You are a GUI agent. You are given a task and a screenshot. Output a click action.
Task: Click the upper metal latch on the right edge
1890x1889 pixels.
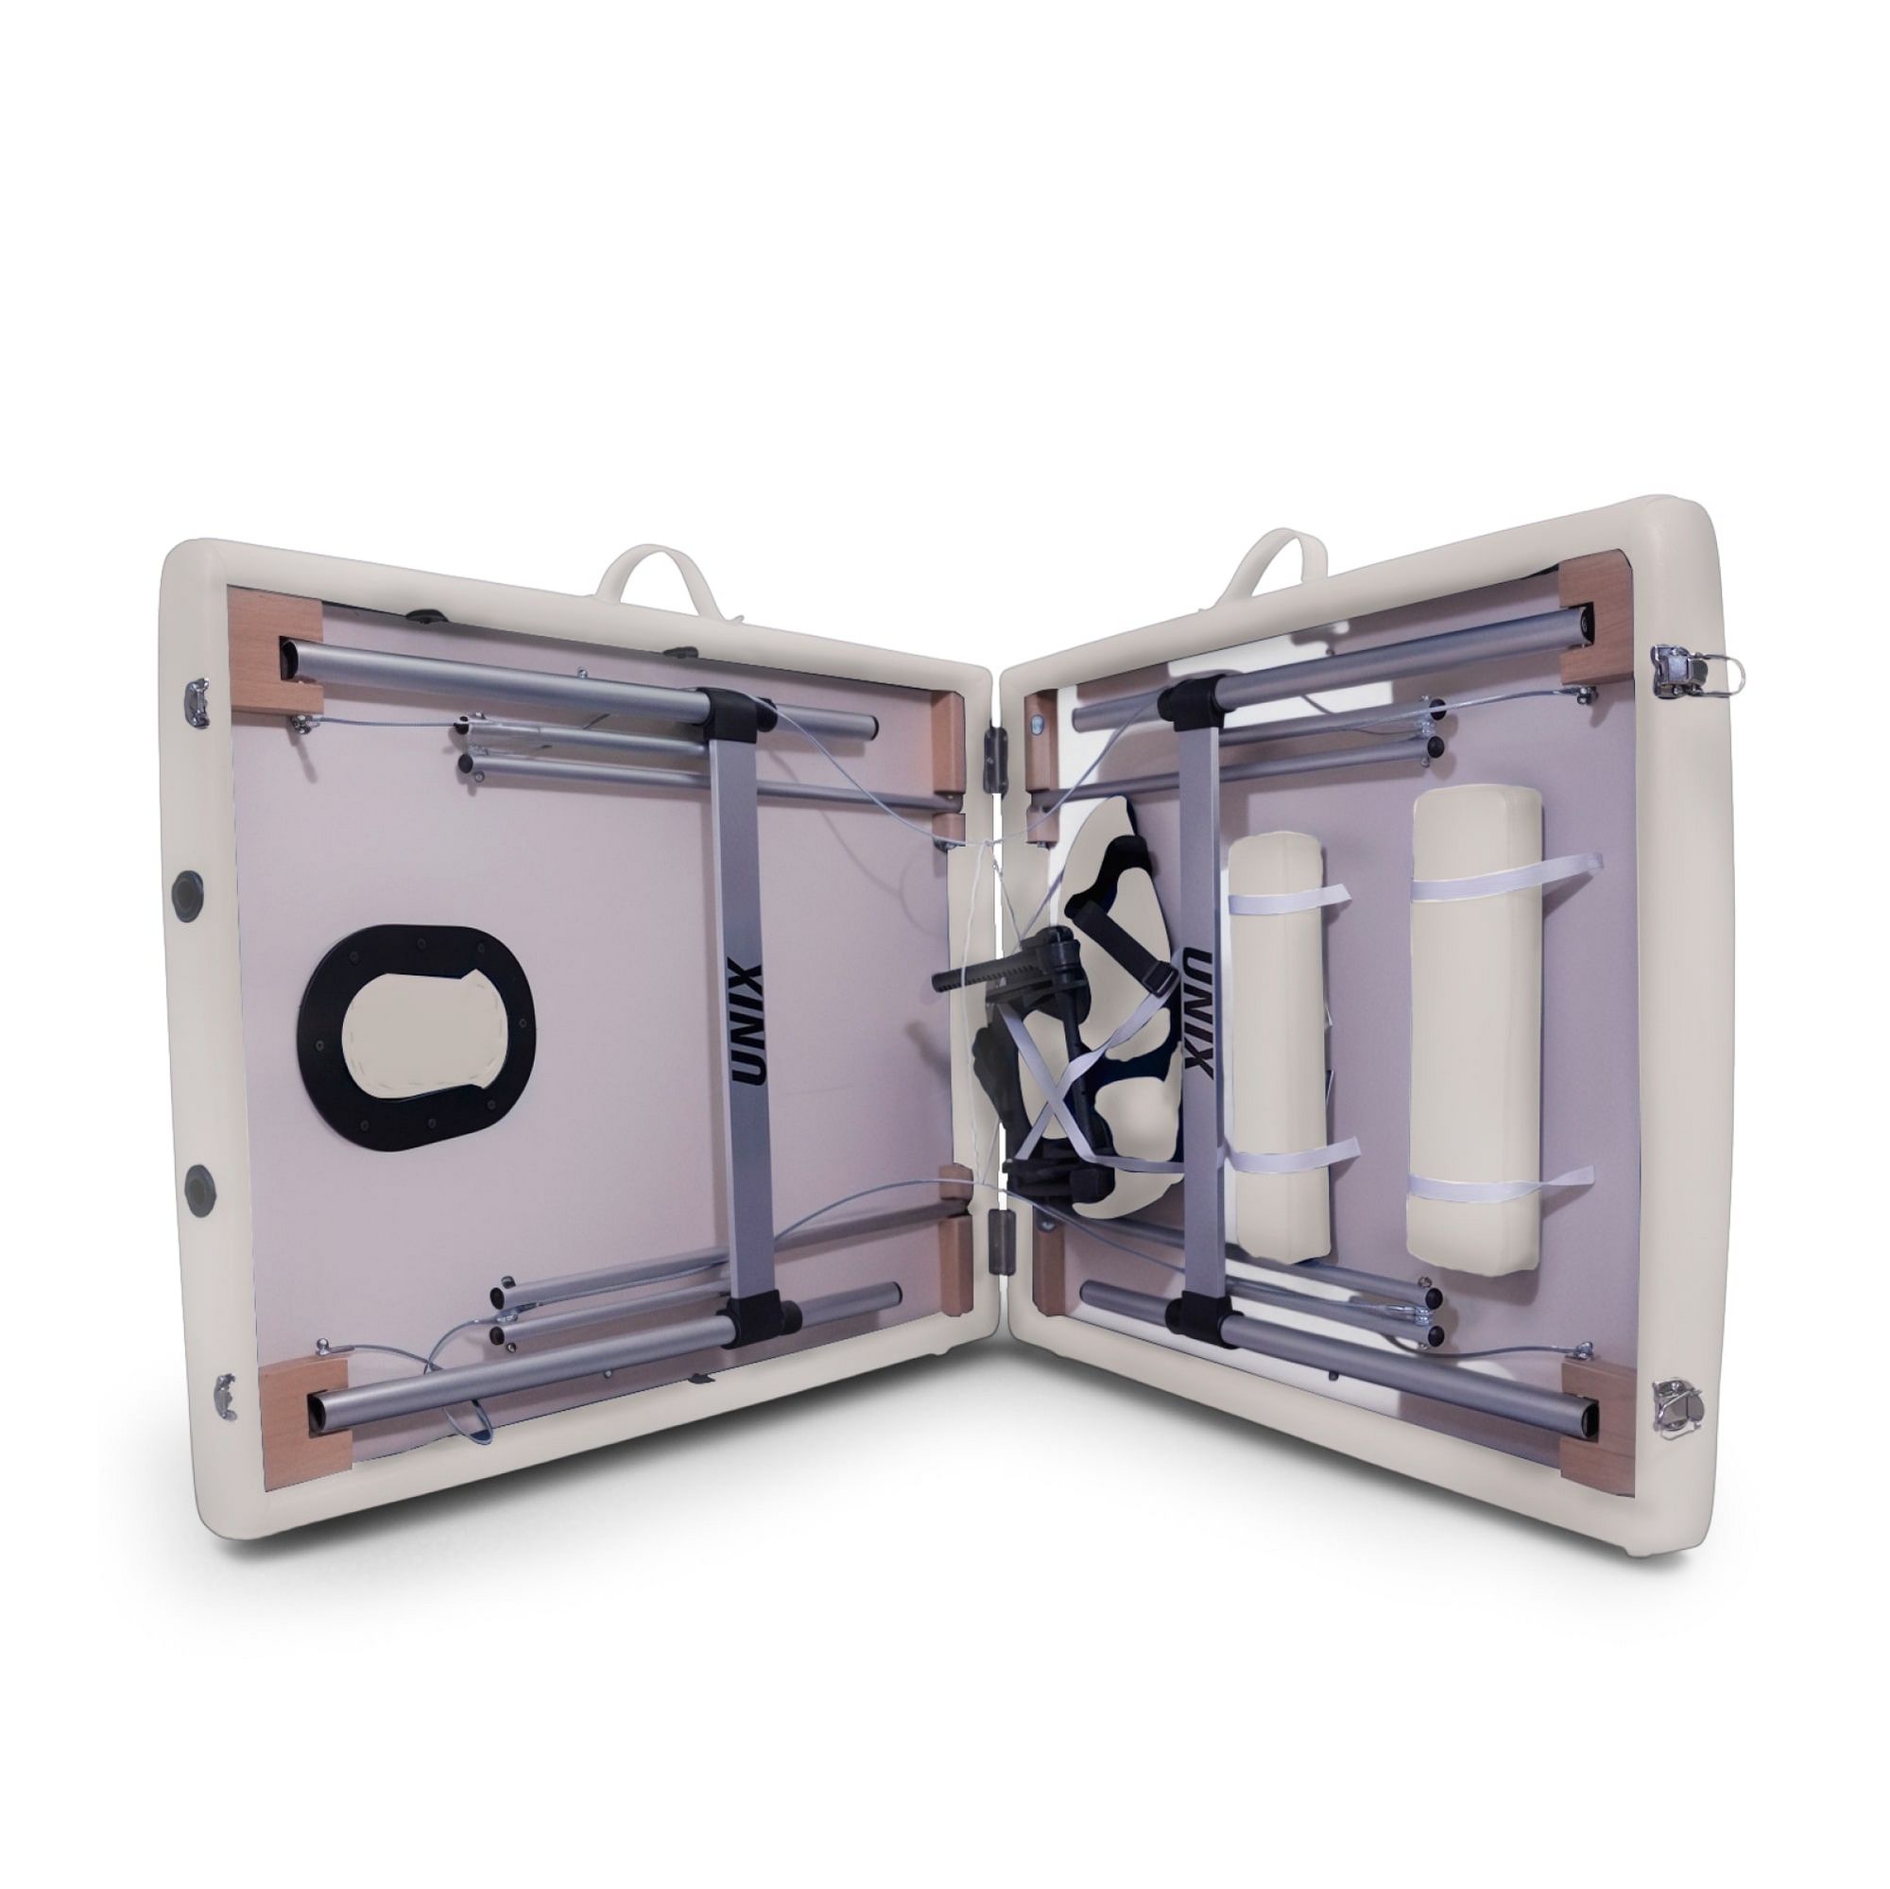(1685, 672)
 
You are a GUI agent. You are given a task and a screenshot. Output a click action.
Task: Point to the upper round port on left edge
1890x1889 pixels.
(184, 890)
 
